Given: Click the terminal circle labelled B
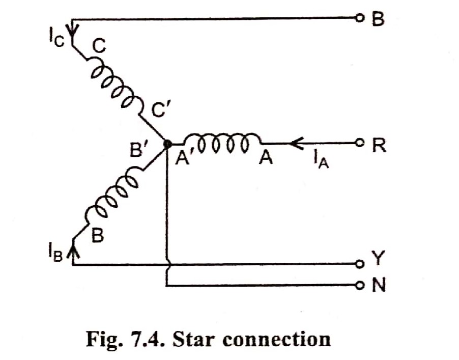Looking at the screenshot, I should pyautogui.click(x=360, y=19).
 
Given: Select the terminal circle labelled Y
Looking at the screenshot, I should pyautogui.click(x=360, y=264).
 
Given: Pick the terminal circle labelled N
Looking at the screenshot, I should pyautogui.click(x=360, y=285).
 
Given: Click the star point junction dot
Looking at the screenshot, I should pyautogui.click(x=167, y=144).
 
